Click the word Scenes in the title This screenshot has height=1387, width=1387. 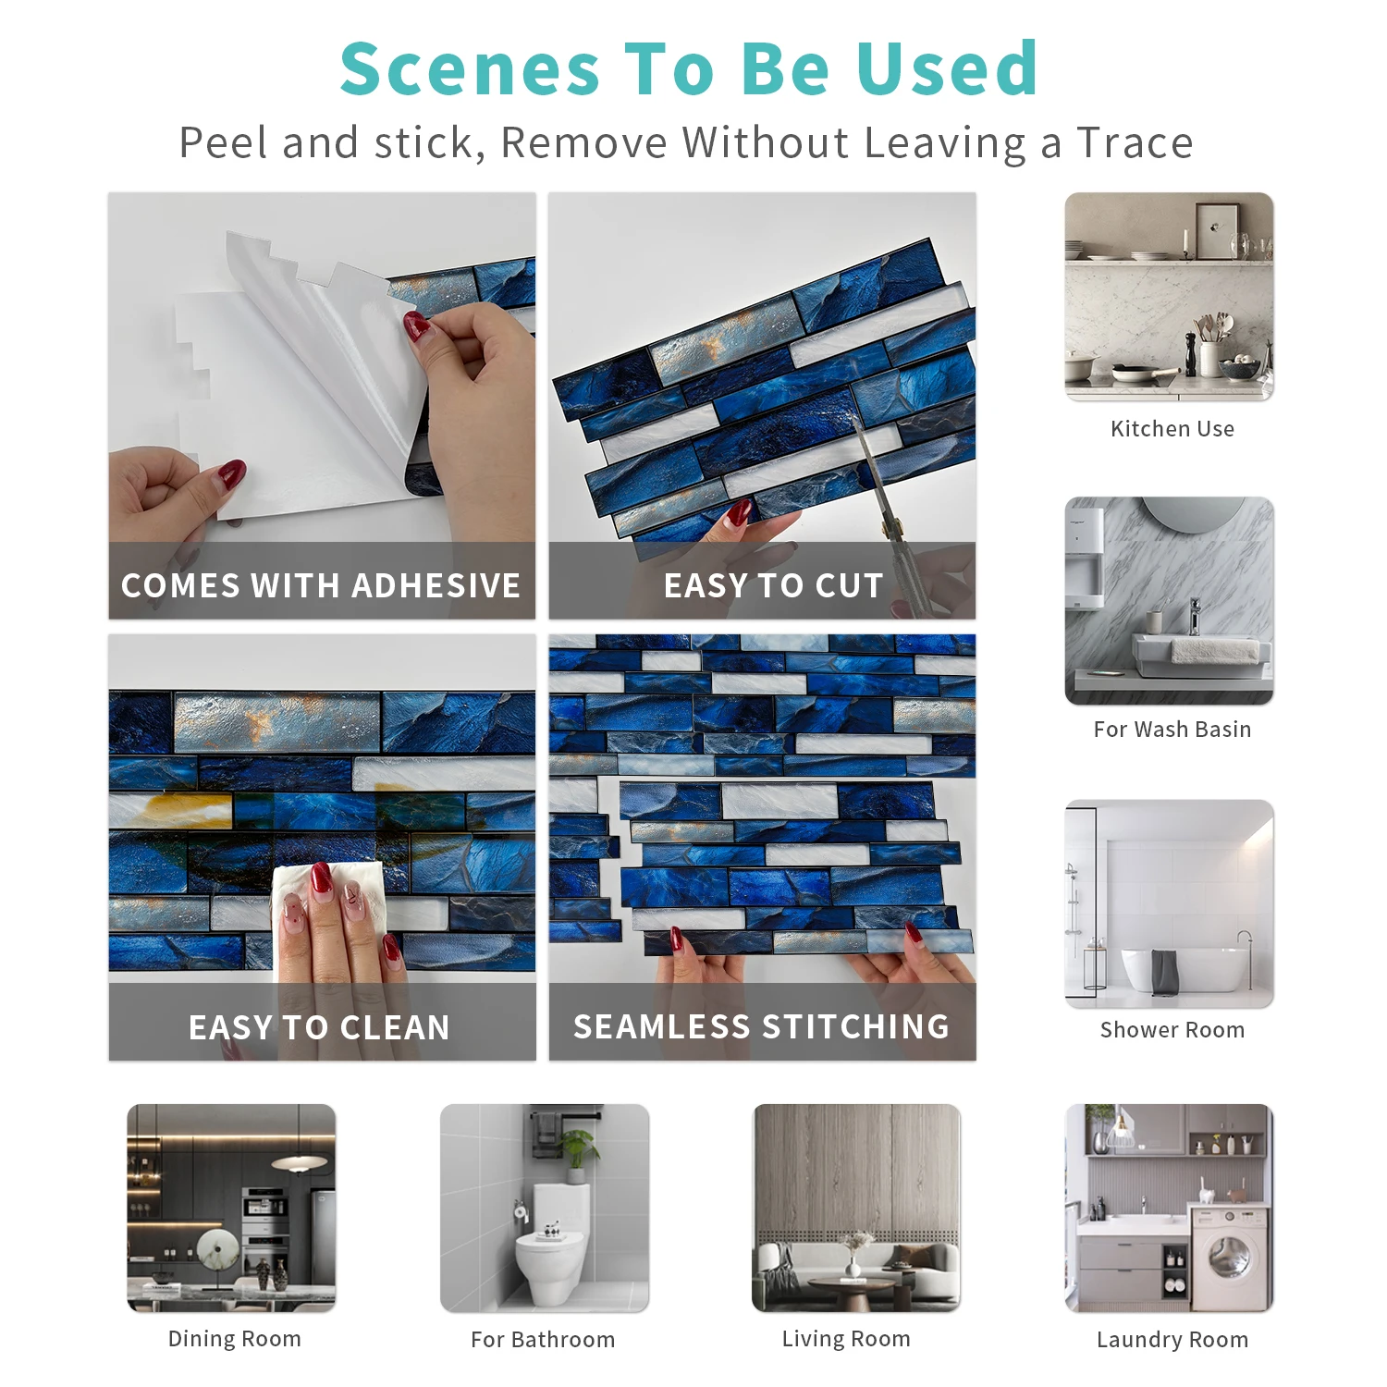471,69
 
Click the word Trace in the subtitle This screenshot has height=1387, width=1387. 1135,143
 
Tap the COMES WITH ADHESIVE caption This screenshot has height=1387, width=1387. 321,585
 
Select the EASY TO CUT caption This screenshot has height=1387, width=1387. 774,585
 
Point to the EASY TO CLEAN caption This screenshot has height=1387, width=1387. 320,1027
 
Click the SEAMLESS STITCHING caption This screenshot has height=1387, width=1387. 762,1026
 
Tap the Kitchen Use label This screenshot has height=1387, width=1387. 1172,429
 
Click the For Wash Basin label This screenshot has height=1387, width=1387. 1172,730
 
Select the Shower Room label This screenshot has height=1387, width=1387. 1172,1030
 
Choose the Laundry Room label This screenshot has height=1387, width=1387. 1172,1340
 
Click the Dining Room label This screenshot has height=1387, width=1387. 235,1339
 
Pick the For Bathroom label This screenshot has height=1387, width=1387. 543,1340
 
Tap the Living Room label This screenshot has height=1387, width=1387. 846,1339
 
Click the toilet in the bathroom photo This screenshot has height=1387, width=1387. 551,1239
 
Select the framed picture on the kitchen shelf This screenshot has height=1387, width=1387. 1216,230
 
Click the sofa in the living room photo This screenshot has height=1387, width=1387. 856,1263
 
